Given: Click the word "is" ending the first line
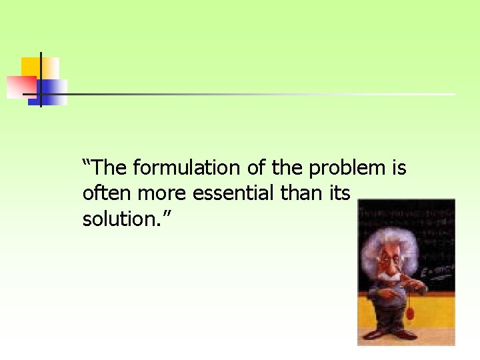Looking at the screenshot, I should [398, 167].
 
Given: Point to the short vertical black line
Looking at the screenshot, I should [41, 79].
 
